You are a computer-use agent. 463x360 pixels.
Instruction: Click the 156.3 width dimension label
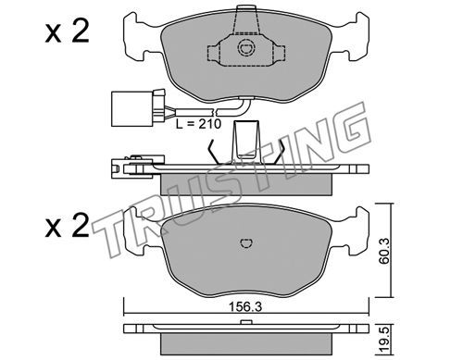[245, 307]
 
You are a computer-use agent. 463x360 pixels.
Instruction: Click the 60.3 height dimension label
[384, 250]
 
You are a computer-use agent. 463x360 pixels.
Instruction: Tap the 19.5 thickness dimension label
[384, 341]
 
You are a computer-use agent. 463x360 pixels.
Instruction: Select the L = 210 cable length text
[198, 124]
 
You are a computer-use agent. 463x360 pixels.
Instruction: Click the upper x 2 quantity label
[67, 31]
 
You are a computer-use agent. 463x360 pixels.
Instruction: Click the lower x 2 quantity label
[67, 226]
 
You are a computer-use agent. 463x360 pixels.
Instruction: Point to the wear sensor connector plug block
[131, 108]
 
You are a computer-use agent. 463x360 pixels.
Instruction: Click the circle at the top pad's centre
[246, 47]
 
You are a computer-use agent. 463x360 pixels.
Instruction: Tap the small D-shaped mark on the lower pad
[246, 243]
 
